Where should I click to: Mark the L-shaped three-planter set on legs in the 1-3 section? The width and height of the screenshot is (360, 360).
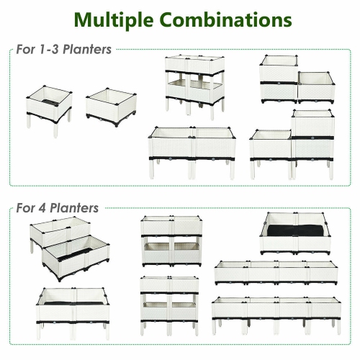(x=292, y=144)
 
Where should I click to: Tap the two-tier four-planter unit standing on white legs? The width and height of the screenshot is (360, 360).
(x=169, y=302)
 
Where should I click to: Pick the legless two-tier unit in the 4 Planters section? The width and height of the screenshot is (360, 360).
(x=169, y=240)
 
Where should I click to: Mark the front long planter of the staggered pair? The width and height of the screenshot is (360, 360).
(x=76, y=256)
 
